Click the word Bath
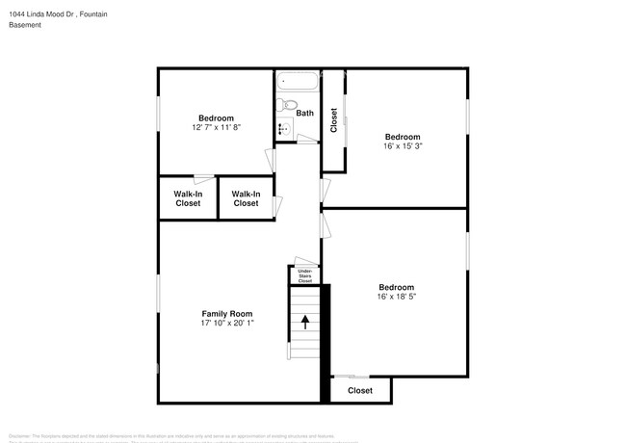[x=304, y=114]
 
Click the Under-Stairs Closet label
[x=304, y=276]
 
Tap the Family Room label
[x=226, y=314]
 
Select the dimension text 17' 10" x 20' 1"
[x=226, y=324]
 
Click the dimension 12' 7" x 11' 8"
[x=216, y=127]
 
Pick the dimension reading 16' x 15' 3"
[x=403, y=146]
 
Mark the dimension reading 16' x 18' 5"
[x=396, y=297]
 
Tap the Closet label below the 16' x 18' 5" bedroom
[x=360, y=390]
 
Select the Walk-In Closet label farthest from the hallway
[x=187, y=198]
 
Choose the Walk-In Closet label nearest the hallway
[x=246, y=198]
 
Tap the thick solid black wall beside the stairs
[x=326, y=342]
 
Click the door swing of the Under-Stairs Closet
[x=304, y=261]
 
